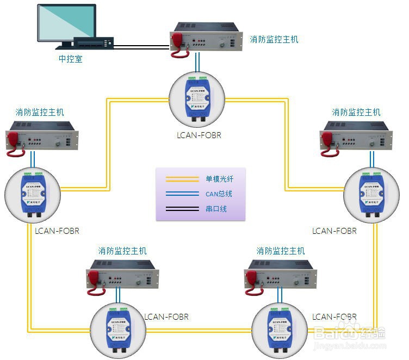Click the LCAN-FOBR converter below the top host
(x=197, y=97)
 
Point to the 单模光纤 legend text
(x=219, y=179)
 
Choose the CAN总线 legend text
(x=219, y=194)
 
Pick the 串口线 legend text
(x=216, y=208)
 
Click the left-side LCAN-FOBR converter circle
(x=32, y=192)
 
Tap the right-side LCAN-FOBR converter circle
(x=371, y=193)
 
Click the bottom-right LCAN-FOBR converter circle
(x=279, y=328)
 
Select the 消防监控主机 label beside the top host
(x=274, y=39)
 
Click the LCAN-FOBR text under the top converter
(x=197, y=134)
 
